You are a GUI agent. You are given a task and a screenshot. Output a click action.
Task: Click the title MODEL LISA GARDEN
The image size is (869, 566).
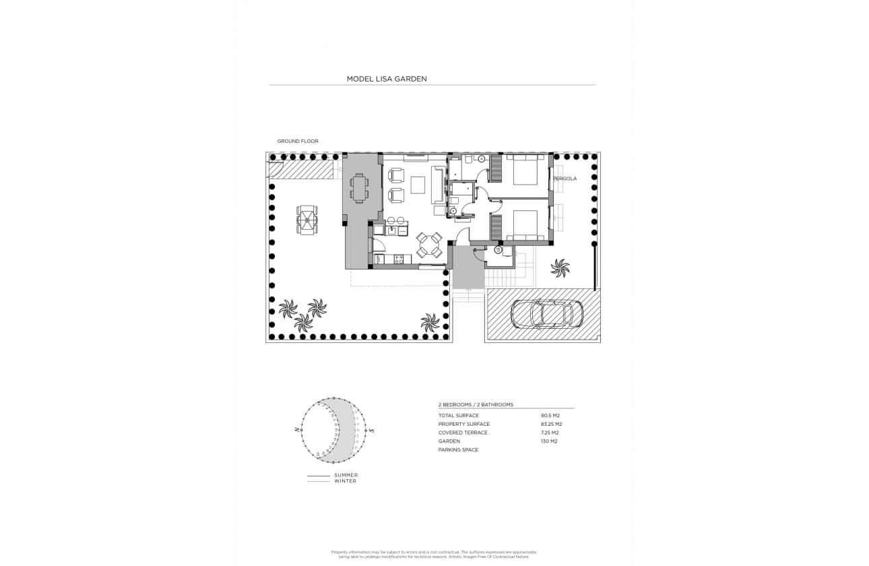pos(387,79)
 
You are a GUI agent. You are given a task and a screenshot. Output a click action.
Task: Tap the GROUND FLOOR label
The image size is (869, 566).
pos(298,141)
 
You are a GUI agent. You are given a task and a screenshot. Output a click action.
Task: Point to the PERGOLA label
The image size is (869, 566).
pos(565,179)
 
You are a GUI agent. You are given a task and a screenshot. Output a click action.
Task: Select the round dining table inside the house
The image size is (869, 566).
pos(428,245)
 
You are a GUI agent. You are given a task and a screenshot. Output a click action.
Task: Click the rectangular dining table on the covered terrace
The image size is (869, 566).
pos(358,188)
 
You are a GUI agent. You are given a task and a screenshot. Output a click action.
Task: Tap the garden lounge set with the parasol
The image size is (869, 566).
pos(307,219)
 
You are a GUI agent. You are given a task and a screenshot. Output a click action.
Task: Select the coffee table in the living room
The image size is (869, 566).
pos(418,185)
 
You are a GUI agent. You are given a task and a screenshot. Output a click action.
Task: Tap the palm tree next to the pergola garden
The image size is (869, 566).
pos(560,268)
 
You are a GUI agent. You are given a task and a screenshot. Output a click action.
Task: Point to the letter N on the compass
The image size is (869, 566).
pos(296,429)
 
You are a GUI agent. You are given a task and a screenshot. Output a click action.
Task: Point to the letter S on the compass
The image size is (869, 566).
pos(372,430)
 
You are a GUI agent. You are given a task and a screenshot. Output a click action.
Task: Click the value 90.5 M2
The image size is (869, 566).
pos(550,416)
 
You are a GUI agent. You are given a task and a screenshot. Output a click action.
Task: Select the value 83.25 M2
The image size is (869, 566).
pos(551,425)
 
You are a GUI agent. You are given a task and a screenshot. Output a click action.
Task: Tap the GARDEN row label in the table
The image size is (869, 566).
pos(449,441)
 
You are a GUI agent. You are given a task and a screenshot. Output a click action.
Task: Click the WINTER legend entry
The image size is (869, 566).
pos(346,481)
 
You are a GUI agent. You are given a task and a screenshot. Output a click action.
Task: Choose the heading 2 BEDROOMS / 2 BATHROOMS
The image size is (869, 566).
pos(476,405)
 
